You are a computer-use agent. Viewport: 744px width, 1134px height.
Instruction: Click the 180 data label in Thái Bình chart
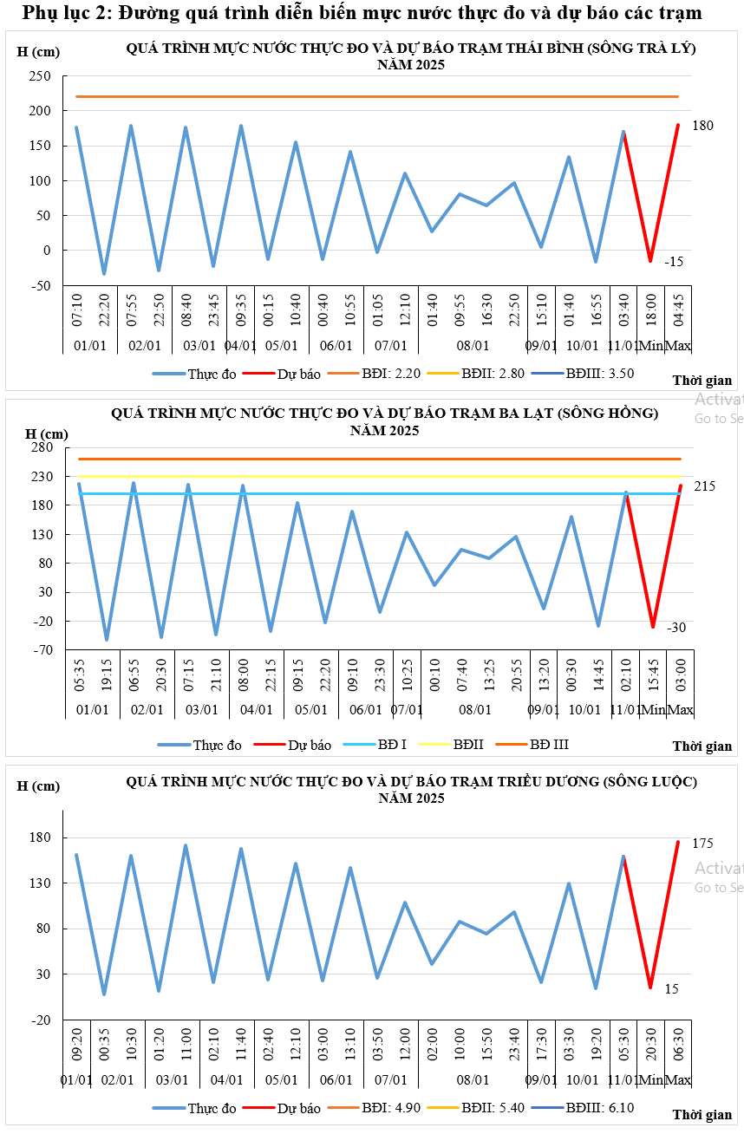coord(702,126)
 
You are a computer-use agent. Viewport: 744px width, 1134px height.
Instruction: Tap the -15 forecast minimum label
coord(675,261)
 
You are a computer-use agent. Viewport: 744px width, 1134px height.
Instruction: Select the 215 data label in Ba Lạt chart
coord(704,486)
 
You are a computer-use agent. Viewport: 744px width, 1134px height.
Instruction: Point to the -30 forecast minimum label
coord(676,627)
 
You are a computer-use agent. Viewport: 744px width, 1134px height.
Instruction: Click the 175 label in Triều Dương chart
coord(702,844)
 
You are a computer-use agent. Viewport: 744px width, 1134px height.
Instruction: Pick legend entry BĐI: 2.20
coord(395,375)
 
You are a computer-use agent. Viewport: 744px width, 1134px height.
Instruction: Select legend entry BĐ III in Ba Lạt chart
coord(550,744)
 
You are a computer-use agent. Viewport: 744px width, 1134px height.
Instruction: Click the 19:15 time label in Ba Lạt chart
coord(106,677)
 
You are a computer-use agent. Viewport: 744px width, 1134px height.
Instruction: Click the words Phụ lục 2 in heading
coord(66,13)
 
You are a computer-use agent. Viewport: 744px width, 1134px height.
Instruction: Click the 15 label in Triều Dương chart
coord(672,988)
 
